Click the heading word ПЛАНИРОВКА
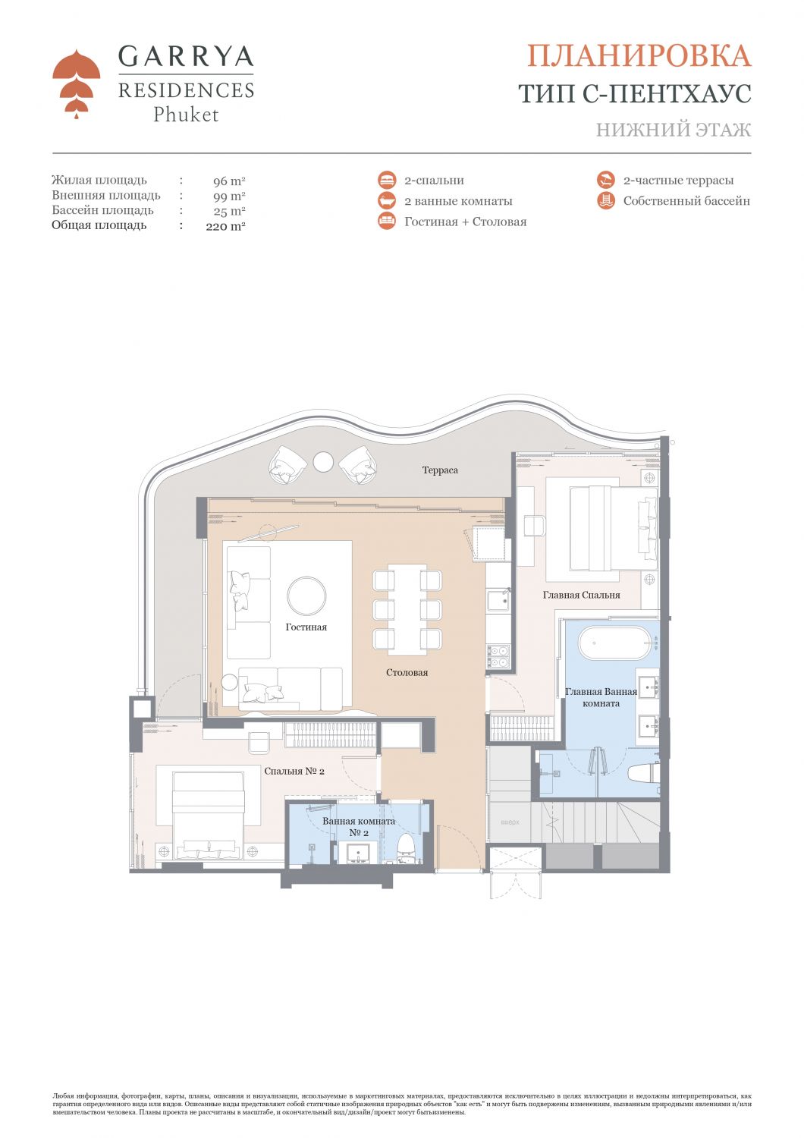639,55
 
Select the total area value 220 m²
225,226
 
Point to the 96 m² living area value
229,181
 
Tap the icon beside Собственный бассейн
605,201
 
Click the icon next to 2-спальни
387,180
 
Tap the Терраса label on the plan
440,470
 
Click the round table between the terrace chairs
323,461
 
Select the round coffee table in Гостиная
306,596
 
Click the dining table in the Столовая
407,609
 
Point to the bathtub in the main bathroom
614,643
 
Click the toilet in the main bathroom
643,774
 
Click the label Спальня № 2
294,772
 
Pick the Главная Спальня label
581,595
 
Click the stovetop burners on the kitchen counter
498,655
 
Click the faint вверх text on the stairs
510,822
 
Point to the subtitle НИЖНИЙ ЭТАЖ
673,130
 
